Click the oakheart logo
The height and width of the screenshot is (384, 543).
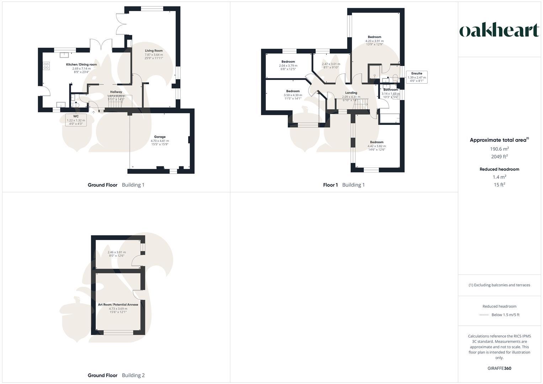[x=499, y=31]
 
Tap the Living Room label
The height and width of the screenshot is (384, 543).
[x=154, y=51]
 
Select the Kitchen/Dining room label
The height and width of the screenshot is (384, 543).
[x=81, y=64]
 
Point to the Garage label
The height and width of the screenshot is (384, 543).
[x=160, y=137]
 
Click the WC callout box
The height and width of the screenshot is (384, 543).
[x=76, y=120]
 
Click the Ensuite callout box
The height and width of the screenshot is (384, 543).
[x=417, y=77]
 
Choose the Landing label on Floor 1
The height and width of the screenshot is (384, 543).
[x=351, y=93]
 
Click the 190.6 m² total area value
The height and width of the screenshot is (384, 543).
[x=499, y=149]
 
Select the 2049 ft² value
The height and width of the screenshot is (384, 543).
[x=499, y=157]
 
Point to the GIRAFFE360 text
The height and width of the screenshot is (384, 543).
[x=499, y=368]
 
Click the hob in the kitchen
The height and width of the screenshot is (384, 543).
[x=46, y=66]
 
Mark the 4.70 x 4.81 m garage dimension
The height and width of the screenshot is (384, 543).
[x=160, y=141]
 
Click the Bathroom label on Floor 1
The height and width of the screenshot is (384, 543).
[x=390, y=90]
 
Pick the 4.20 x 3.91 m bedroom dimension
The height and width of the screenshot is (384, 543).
[x=374, y=41]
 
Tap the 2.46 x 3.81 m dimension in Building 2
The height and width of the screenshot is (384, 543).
[x=117, y=252]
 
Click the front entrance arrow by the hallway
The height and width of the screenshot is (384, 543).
[x=94, y=112]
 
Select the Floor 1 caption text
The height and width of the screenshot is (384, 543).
[x=330, y=185]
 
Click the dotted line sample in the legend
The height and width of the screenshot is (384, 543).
[x=484, y=315]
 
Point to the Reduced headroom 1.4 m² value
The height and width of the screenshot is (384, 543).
[x=499, y=177]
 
